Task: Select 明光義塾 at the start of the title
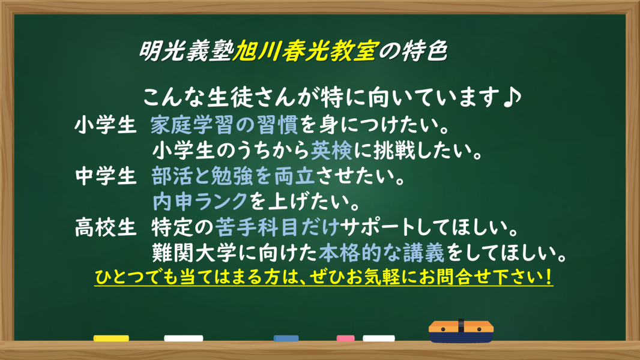click(186, 51)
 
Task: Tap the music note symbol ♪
click(512, 98)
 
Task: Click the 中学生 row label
click(105, 177)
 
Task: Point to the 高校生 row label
click(105, 227)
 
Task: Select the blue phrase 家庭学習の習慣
click(225, 125)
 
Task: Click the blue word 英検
click(331, 151)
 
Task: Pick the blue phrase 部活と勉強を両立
click(234, 176)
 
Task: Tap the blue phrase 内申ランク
click(200, 202)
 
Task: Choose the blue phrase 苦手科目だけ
click(277, 227)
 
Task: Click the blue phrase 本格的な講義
click(382, 253)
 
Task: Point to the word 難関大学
click(195, 253)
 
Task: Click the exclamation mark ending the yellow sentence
click(548, 277)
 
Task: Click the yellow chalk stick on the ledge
click(111, 338)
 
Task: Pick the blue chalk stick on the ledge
click(286, 338)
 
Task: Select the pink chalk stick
click(345, 338)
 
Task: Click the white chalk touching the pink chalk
click(379, 338)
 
